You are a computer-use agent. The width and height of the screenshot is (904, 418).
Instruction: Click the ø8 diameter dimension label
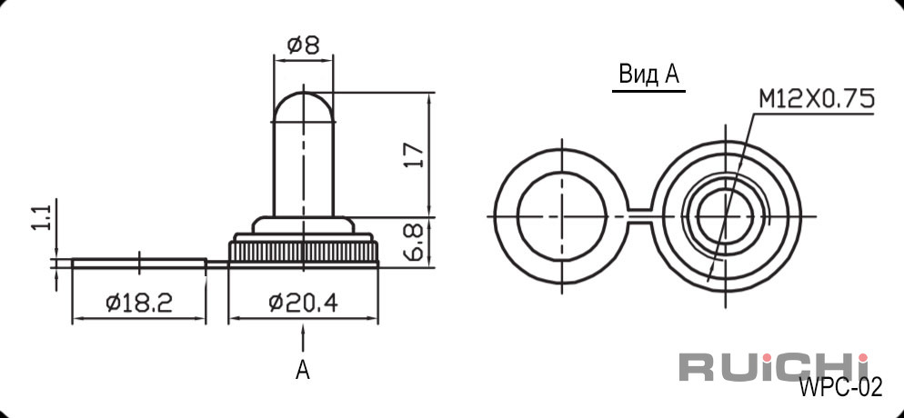(303, 45)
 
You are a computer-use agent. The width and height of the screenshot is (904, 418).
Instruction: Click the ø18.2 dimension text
(139, 303)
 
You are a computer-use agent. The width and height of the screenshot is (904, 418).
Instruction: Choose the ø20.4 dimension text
(303, 303)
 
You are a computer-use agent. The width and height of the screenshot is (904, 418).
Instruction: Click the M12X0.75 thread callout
(816, 100)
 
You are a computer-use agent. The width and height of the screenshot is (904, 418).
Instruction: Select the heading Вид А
(648, 75)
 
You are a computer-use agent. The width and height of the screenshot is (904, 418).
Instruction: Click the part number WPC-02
(840, 388)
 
